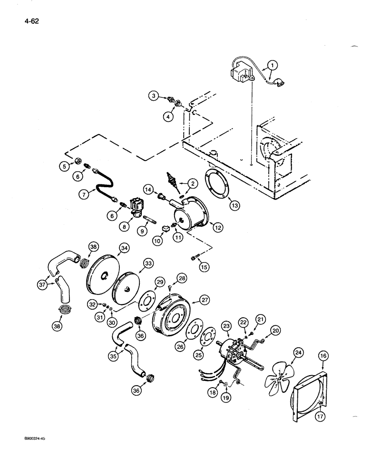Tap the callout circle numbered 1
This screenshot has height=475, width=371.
(271, 65)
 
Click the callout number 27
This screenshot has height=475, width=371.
(205, 300)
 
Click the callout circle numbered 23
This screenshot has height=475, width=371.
(226, 326)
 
